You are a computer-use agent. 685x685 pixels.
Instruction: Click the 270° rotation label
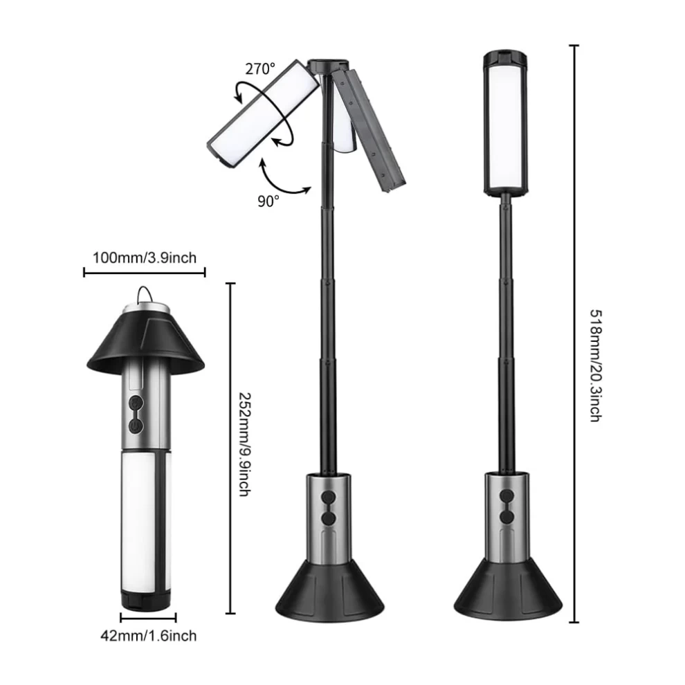pos(260,69)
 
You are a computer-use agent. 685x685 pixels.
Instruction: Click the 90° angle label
pos(268,201)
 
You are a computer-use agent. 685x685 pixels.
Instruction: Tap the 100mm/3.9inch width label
pos(145,258)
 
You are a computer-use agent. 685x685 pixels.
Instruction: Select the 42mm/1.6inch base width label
pos(149,635)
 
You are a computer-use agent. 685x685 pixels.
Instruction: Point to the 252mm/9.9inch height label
pos(244,444)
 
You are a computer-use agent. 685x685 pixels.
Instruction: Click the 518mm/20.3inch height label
pos(596,365)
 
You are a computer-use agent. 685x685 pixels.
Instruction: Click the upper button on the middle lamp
pos(328,497)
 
